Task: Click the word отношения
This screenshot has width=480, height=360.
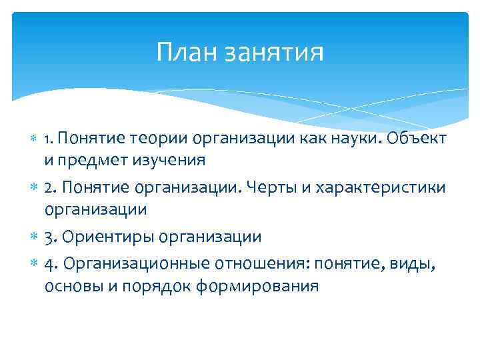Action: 249,265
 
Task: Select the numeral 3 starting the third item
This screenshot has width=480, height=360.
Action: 49,237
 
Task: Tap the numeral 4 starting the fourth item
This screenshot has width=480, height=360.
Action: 49,265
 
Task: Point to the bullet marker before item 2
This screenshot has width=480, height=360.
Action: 33,189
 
